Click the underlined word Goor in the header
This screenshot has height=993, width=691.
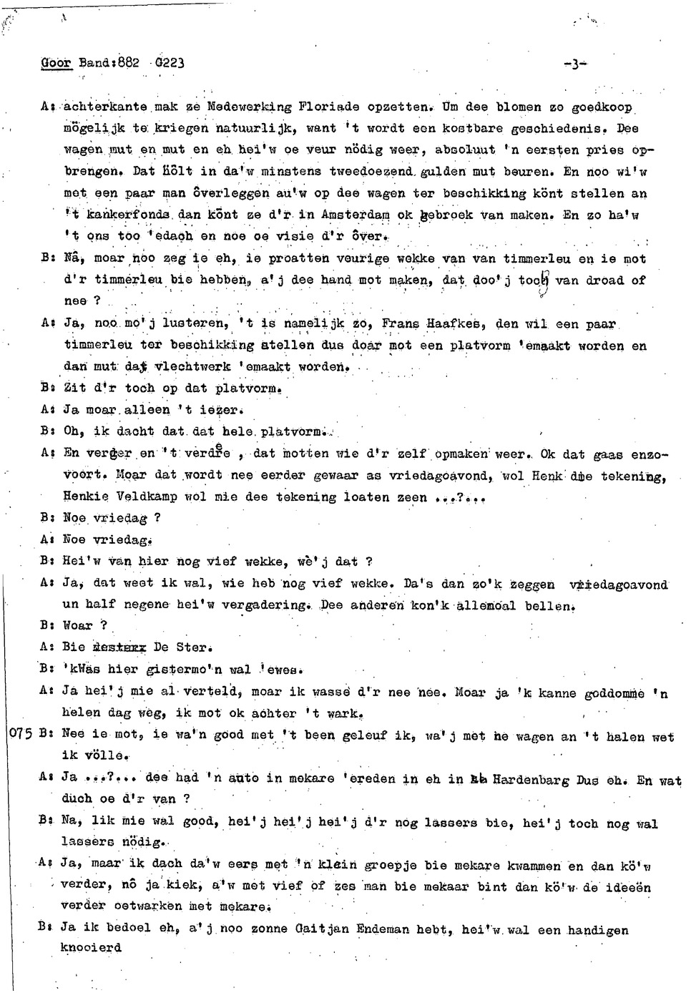(x=56, y=62)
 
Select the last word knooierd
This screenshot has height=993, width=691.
(x=91, y=948)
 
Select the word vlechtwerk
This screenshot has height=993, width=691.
(x=192, y=367)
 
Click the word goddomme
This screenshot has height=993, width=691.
(x=614, y=693)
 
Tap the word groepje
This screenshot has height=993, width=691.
(x=391, y=865)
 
